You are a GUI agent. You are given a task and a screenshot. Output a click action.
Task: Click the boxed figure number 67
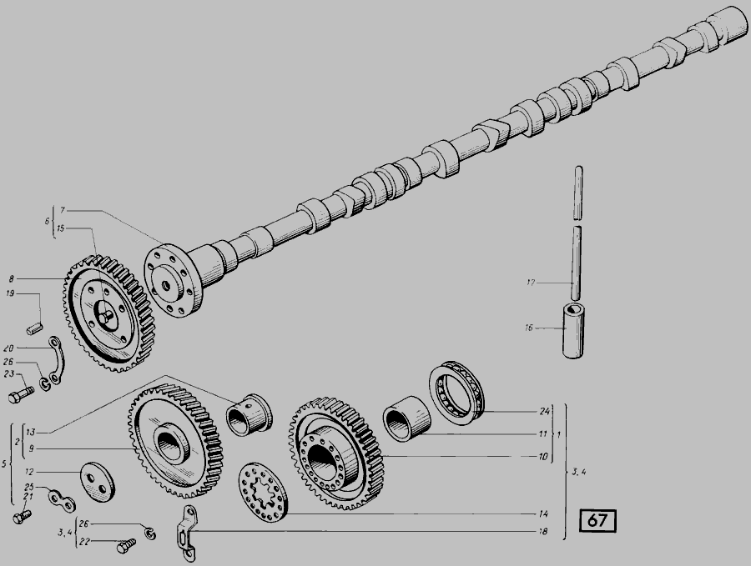pos(597,520)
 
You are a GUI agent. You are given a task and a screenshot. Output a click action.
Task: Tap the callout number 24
pos(544,411)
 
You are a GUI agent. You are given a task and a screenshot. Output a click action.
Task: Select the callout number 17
pos(530,283)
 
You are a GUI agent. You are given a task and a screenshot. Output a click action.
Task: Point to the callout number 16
pos(529,328)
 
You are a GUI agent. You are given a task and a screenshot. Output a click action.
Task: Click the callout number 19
pos(11,293)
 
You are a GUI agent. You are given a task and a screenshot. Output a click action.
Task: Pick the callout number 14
pos(543,513)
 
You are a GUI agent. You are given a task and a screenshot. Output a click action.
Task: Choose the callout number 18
pos(543,531)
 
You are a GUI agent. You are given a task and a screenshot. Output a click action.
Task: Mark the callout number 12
pos(29,472)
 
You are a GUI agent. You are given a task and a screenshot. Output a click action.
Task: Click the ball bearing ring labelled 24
pos(456,388)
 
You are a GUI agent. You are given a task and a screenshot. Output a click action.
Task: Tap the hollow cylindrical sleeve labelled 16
pos(572,331)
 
